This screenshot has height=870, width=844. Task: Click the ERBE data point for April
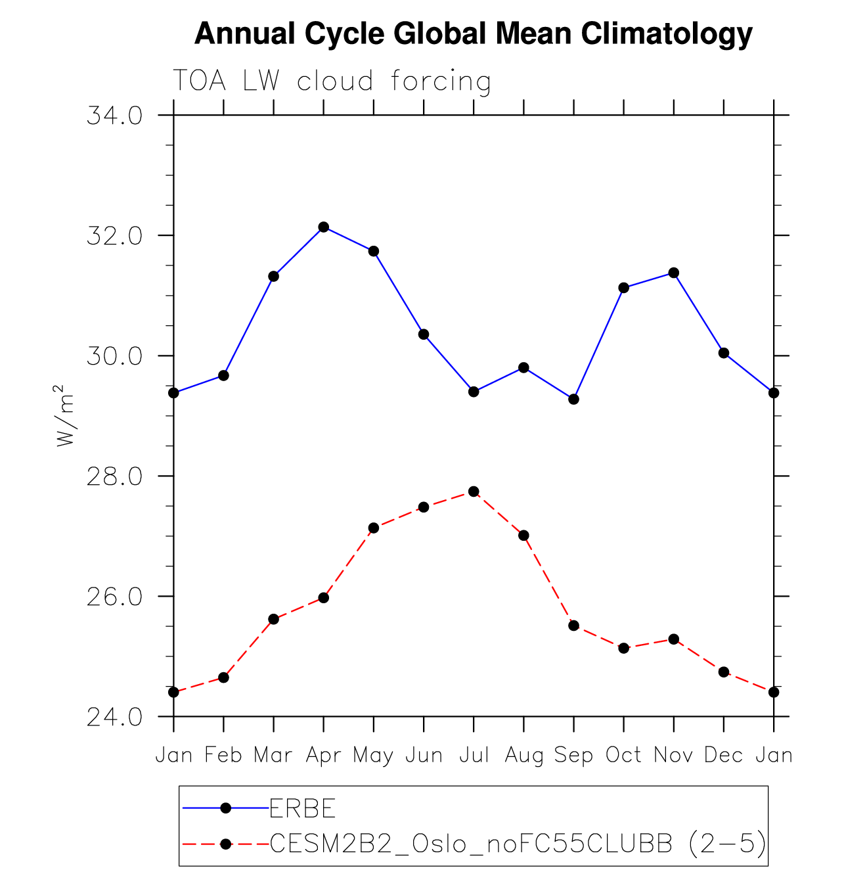[x=323, y=227]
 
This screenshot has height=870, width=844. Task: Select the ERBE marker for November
[x=673, y=273]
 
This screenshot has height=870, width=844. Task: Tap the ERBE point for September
[x=573, y=399]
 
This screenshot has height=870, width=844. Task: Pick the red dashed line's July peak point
[x=474, y=492]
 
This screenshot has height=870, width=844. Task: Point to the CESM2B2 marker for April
[x=323, y=597]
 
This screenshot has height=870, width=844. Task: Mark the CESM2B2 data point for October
[x=623, y=648]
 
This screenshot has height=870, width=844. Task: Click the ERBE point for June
[x=424, y=334]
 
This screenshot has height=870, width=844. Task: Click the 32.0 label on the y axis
[x=114, y=236]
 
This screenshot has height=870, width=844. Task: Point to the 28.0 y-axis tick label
[x=114, y=476]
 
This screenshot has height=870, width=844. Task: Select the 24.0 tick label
[x=114, y=717]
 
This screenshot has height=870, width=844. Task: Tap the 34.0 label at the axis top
[x=114, y=116]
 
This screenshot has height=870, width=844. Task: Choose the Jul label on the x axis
[x=474, y=755]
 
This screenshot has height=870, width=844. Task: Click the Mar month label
[x=273, y=755]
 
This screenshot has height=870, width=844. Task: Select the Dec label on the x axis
[x=723, y=755]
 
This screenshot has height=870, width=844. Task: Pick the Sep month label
[x=573, y=755]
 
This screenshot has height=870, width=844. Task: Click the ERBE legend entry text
[x=303, y=808]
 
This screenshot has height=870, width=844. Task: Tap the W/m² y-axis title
[x=65, y=416]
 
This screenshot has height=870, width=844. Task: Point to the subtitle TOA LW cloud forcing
[x=332, y=81]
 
